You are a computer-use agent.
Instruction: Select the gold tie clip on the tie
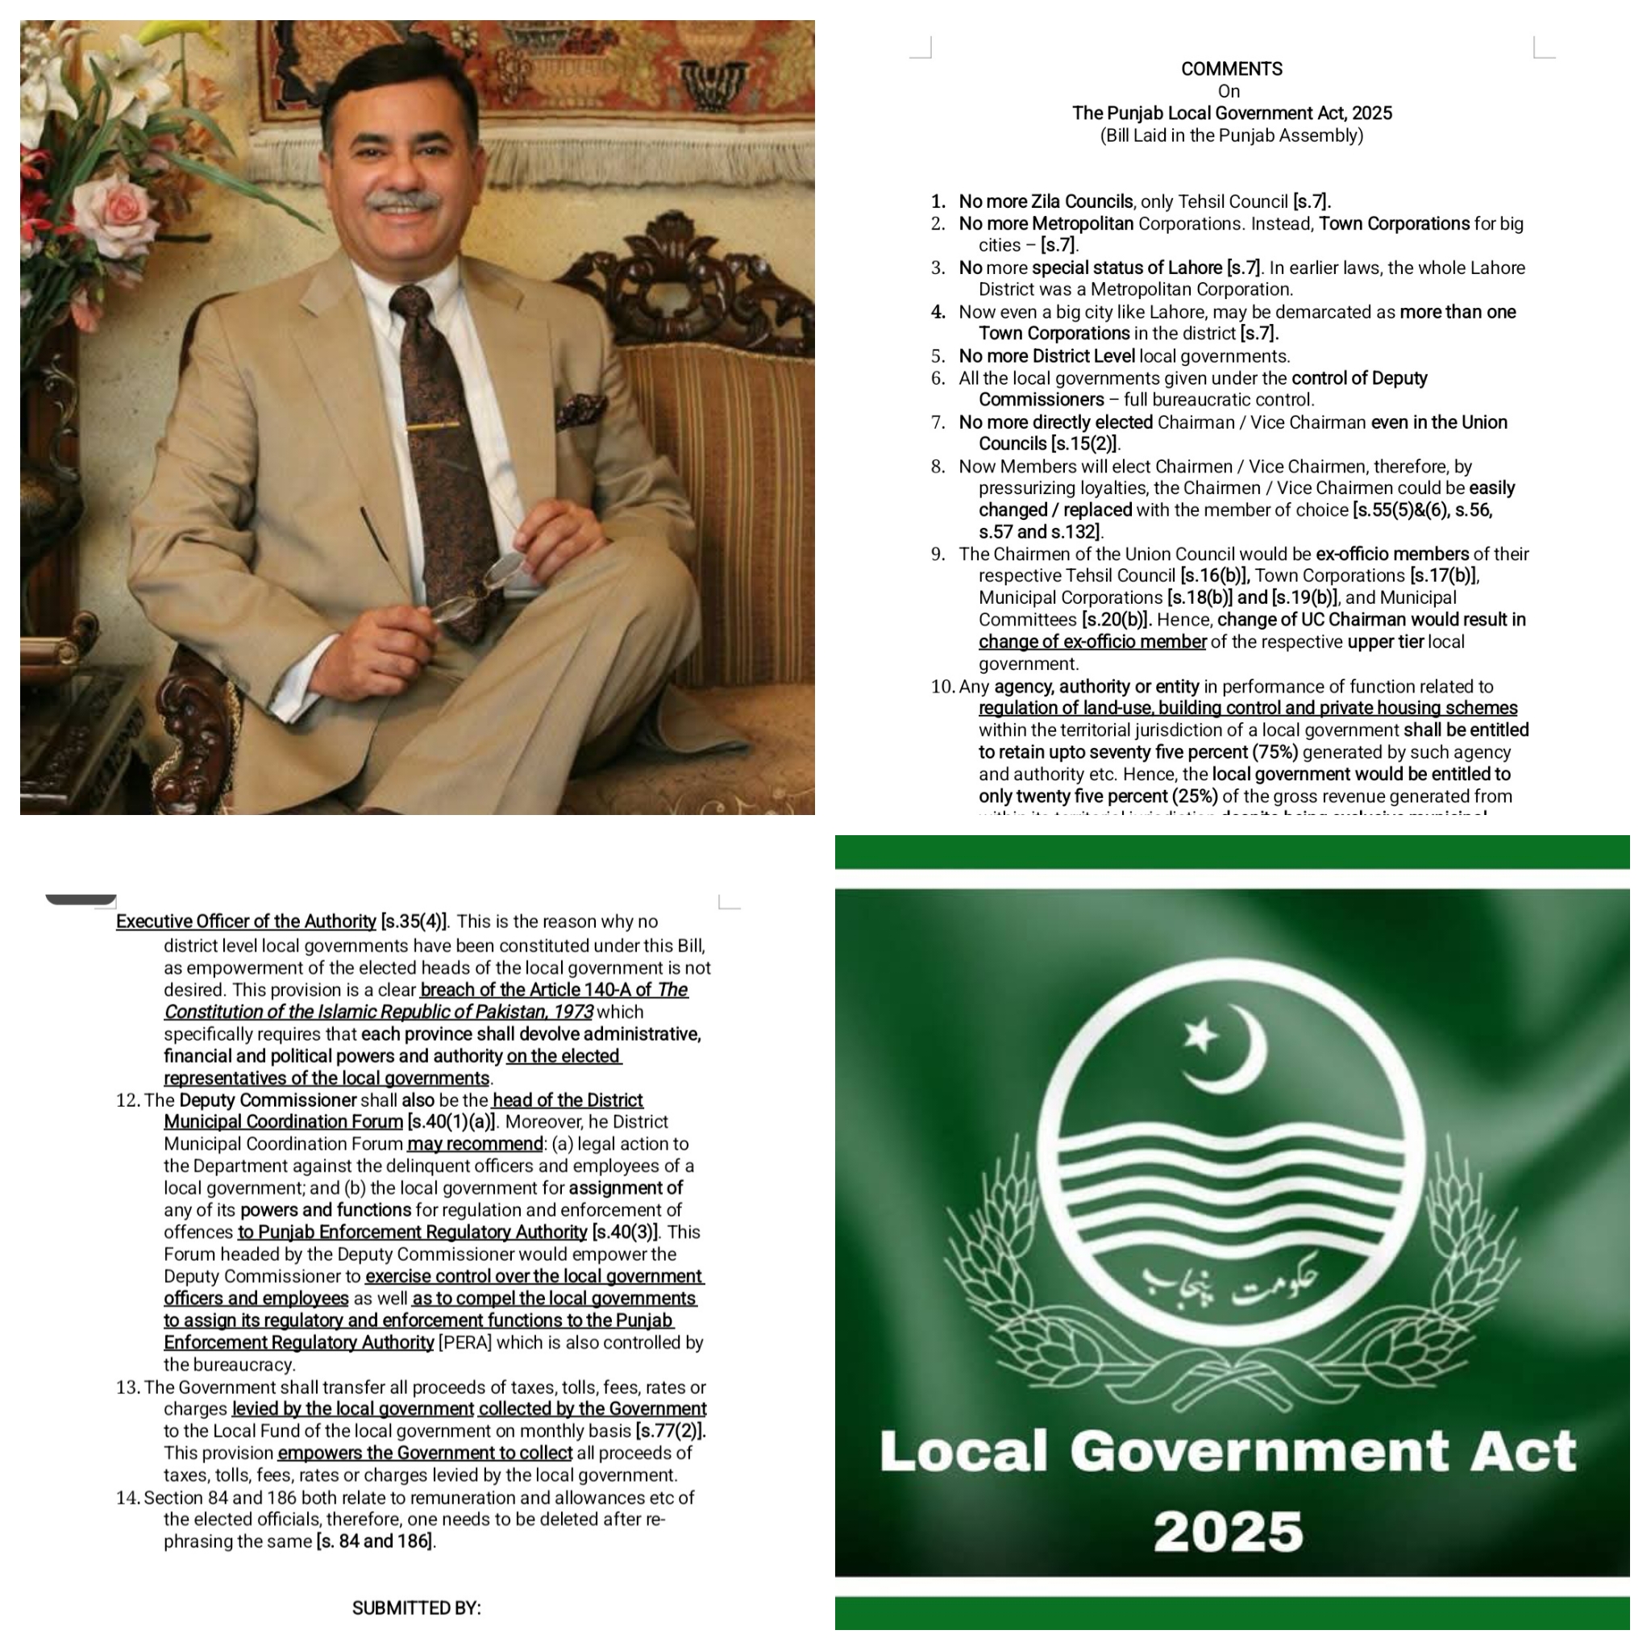tap(432, 425)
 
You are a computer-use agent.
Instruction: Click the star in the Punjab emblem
tap(1200, 1036)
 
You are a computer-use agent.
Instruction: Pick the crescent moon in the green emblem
tap(1237, 1051)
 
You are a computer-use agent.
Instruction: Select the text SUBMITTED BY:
tap(416, 1608)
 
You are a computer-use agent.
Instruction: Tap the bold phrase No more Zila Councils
tap(1046, 202)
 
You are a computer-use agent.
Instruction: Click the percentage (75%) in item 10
tap(1275, 752)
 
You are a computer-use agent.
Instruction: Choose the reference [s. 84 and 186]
tap(375, 1541)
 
